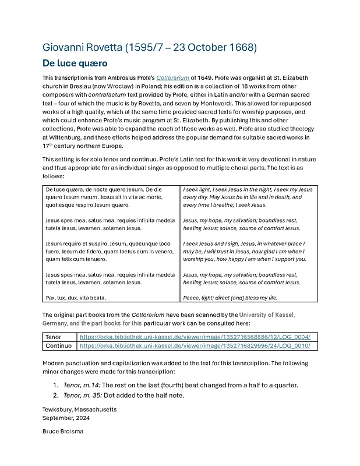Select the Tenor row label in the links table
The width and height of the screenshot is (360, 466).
click(x=54, y=337)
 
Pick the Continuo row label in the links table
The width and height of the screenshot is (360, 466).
click(x=58, y=345)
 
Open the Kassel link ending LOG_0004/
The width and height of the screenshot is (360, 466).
click(x=195, y=337)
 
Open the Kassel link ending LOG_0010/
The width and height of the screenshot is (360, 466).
click(x=195, y=345)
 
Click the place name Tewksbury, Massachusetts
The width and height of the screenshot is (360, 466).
click(x=79, y=409)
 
